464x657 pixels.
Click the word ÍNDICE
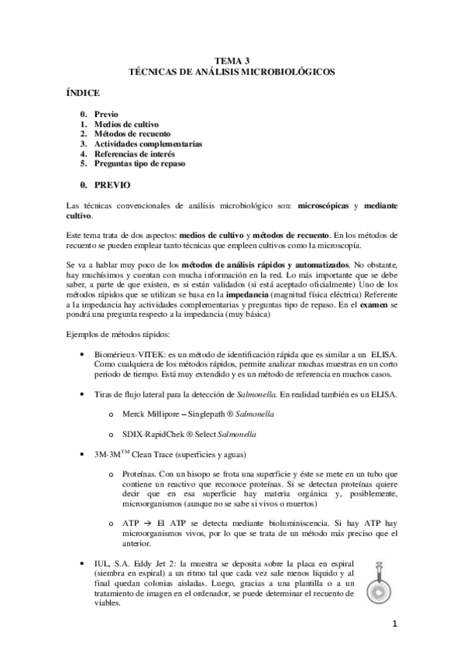[84, 93]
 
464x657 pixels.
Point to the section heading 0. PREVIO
[105, 186]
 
